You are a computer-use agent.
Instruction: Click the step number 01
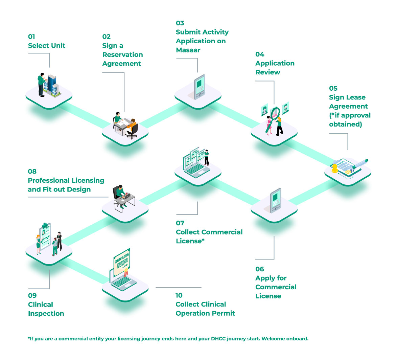[x=31, y=37]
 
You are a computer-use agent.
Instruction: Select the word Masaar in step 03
[x=188, y=50]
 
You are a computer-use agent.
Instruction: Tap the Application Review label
[x=275, y=68]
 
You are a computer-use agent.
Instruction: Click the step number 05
[x=333, y=88]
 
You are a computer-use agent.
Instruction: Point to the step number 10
[x=179, y=295]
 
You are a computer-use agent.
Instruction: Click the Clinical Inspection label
[x=46, y=309]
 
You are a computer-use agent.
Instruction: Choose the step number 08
[x=32, y=172]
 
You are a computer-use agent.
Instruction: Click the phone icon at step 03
[x=199, y=87]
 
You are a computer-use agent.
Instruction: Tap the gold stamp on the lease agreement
[x=335, y=168]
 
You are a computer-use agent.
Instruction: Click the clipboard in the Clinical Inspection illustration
[x=46, y=233]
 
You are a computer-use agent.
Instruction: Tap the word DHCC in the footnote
[x=216, y=339]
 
